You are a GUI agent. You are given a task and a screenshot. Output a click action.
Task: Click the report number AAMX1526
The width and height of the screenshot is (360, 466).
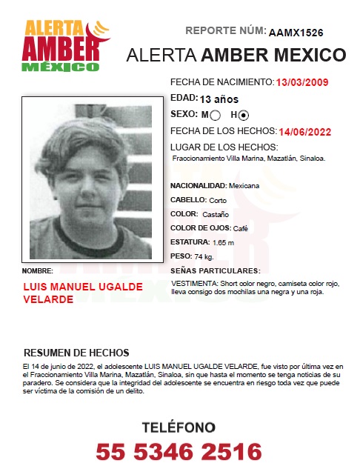[x=296, y=33]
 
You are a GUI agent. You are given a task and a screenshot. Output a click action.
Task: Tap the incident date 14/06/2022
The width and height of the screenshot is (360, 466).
[x=305, y=132]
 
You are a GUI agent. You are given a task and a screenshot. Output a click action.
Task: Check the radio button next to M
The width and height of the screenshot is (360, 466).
[x=216, y=116]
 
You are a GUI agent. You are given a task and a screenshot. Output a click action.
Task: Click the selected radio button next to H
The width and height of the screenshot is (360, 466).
[x=244, y=116]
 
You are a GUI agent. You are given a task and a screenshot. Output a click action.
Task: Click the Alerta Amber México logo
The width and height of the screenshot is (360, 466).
[x=62, y=46]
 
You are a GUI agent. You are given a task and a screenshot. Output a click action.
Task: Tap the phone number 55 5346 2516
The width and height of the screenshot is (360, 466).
[x=179, y=450]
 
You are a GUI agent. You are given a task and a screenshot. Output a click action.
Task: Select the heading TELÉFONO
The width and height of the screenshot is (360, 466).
[x=179, y=427]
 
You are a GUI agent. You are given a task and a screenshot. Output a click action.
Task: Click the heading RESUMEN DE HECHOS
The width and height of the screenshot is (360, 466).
[x=76, y=353]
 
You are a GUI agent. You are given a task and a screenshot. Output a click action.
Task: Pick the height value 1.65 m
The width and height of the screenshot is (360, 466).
[x=223, y=243]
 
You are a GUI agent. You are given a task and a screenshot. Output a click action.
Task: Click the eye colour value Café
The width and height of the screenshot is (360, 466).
[x=240, y=229]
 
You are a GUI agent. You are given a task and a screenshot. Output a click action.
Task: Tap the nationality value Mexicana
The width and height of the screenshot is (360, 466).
[x=244, y=185]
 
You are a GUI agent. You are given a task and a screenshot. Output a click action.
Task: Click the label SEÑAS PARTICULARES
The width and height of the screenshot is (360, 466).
[x=215, y=270]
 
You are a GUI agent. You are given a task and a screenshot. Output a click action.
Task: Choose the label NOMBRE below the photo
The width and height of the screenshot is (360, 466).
[x=38, y=270]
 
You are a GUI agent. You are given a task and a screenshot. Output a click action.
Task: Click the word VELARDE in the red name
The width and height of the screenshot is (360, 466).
[x=48, y=299]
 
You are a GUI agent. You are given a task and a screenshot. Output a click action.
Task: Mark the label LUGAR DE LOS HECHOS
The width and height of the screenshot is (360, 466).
[x=224, y=147]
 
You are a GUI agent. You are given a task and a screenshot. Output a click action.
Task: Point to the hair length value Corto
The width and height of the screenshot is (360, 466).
[x=218, y=200]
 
